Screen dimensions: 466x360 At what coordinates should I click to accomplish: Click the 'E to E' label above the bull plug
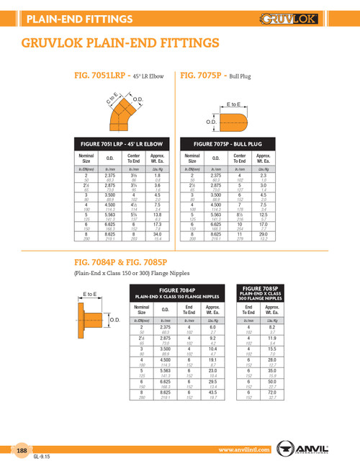click(234, 104)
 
